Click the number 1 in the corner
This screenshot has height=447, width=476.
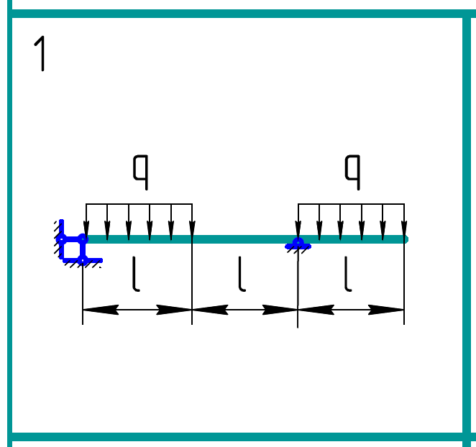[42, 54]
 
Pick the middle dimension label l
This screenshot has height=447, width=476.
[242, 276]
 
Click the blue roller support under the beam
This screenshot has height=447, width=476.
[298, 244]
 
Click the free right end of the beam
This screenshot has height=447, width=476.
[404, 239]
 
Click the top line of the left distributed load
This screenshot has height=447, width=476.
[139, 205]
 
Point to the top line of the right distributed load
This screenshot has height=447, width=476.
[351, 205]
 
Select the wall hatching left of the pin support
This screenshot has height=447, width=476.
[56, 230]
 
